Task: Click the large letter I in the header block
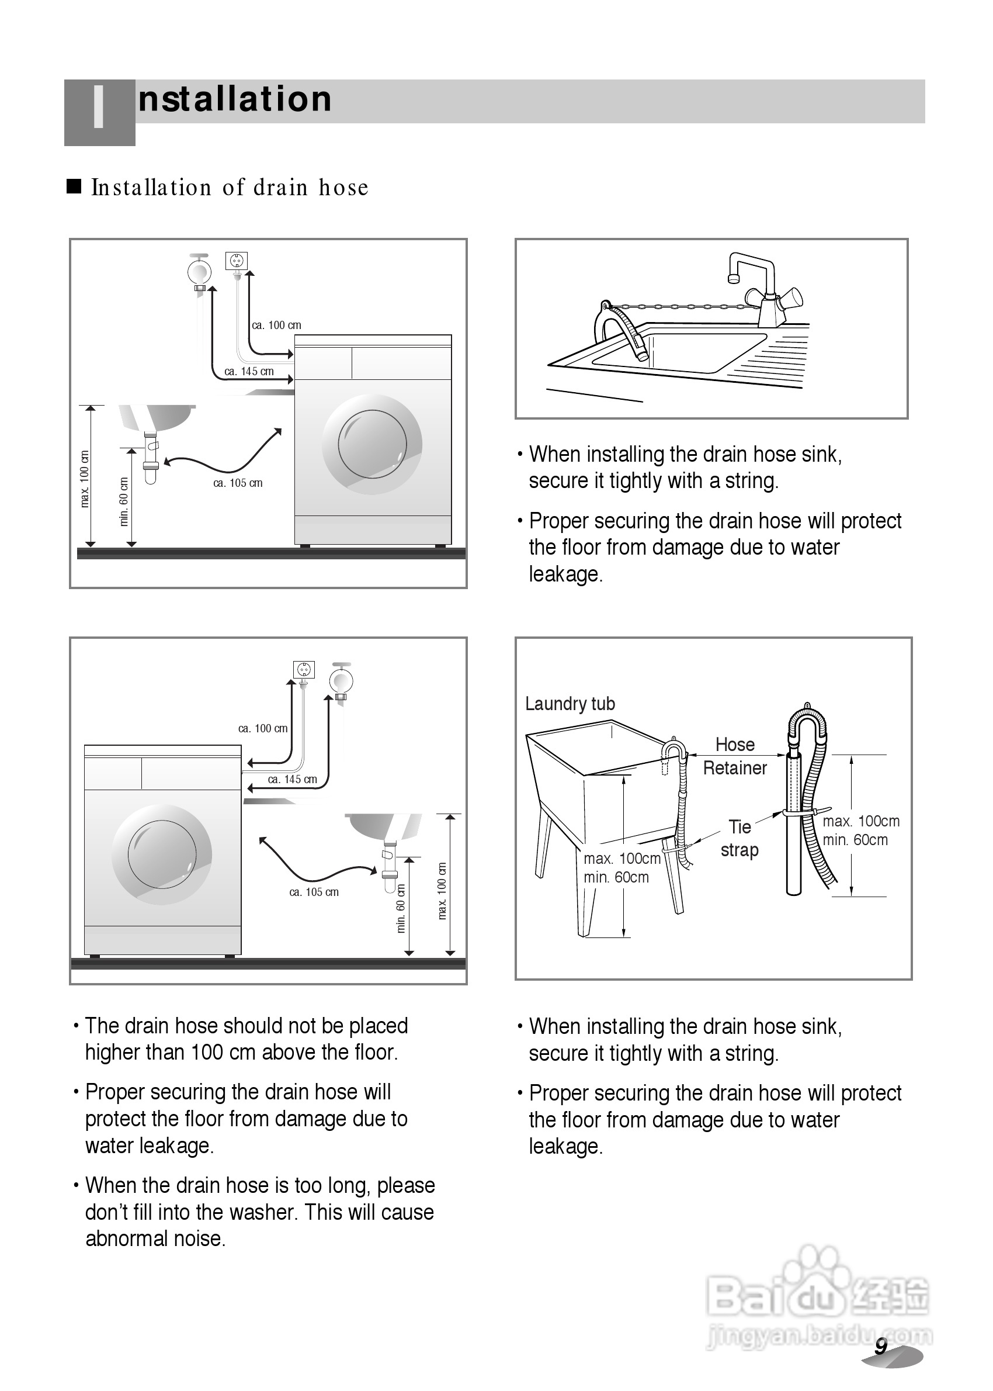click(x=99, y=108)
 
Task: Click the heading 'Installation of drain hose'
click(x=230, y=188)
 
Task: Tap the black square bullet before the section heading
click(x=74, y=186)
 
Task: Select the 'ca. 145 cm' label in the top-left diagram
click(x=249, y=371)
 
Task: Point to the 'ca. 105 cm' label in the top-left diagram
click(x=238, y=483)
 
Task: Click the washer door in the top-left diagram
click(x=371, y=444)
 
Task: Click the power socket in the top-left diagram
click(x=237, y=261)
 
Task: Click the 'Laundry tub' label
click(x=570, y=704)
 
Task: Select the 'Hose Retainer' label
click(x=735, y=756)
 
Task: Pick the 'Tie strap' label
click(x=739, y=839)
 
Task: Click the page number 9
click(x=880, y=1347)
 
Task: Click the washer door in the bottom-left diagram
click(x=162, y=854)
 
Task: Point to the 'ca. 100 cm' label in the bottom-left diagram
click(x=263, y=729)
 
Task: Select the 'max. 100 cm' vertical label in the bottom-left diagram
click(x=442, y=891)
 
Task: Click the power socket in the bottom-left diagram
click(x=304, y=670)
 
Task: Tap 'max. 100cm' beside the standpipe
click(x=861, y=821)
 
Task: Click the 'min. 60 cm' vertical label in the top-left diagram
click(x=124, y=501)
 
